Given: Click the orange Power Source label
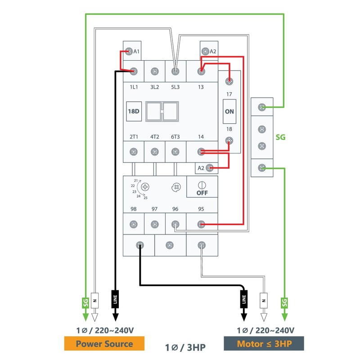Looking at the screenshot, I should (x=104, y=344).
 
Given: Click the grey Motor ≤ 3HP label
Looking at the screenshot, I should (x=264, y=344).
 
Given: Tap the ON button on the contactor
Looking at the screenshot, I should (x=229, y=111).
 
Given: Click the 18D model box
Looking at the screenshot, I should (x=134, y=111).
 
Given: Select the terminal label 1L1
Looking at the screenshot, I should (x=134, y=87).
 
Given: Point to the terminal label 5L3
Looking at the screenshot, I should (x=176, y=87).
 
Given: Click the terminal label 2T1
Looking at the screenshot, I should (x=134, y=136).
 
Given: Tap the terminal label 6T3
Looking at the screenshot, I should (x=176, y=136).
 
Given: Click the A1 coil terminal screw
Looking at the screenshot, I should (x=128, y=51).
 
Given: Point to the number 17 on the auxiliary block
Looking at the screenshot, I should (x=229, y=94).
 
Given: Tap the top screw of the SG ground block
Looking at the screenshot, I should (x=261, y=107).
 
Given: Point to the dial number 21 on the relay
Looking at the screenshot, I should (x=136, y=181).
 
